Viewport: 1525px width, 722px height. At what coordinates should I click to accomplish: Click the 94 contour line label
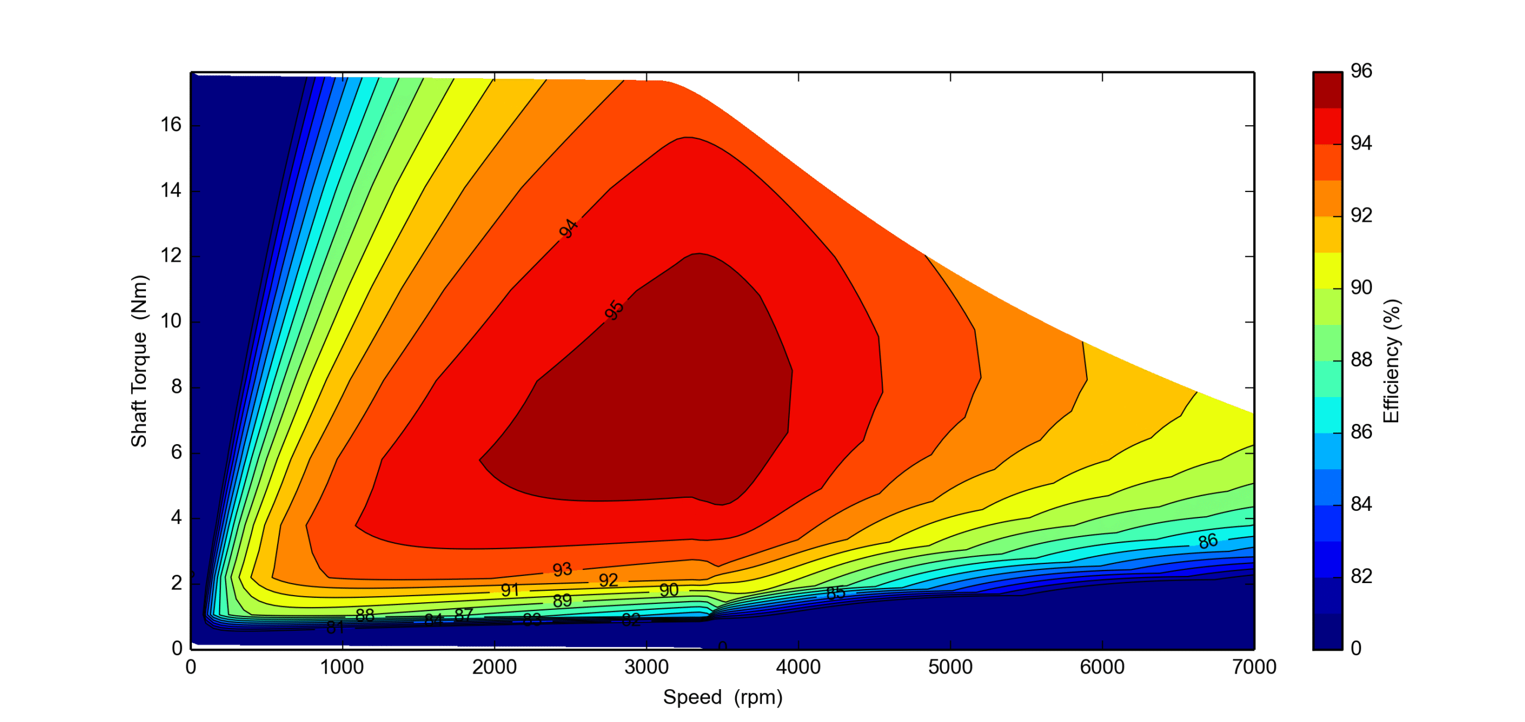[568, 228]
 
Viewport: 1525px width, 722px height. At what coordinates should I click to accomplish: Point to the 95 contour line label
[614, 310]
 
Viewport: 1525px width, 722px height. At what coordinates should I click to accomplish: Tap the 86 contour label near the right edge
[1207, 541]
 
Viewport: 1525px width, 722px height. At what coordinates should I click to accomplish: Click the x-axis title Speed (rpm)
[723, 696]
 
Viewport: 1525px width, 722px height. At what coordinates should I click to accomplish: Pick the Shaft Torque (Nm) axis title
[139, 360]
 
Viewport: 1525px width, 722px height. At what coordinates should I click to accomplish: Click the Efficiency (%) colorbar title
[1391, 361]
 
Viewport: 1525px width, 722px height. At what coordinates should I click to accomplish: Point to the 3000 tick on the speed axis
[646, 667]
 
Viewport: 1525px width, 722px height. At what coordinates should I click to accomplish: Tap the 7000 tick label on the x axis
[1254, 667]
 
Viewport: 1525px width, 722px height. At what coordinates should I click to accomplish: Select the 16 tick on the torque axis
[171, 125]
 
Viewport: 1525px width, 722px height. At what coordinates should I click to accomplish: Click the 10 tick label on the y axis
[171, 321]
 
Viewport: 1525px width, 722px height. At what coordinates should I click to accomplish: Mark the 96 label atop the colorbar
[1361, 71]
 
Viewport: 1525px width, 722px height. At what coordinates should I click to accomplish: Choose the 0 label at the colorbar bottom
[1356, 648]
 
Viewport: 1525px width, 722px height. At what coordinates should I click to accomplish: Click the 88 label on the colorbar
[1361, 360]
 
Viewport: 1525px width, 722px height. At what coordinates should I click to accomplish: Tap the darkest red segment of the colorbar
[1327, 90]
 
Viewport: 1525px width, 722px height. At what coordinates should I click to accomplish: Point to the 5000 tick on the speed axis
[950, 667]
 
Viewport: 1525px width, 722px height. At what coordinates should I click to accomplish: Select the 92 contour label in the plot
[608, 580]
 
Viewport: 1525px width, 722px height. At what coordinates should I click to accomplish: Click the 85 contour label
[835, 592]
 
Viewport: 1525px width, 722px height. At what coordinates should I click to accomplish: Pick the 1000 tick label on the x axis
[342, 667]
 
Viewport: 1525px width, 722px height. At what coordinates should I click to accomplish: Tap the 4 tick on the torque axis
[176, 518]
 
